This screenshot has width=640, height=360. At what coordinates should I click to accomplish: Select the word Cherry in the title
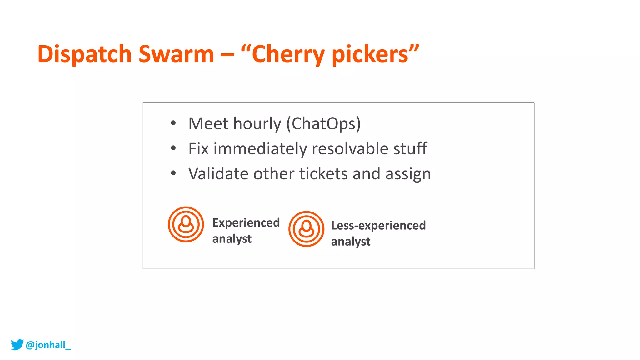tap(288, 54)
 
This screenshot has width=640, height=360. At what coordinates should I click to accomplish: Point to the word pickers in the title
tap(370, 54)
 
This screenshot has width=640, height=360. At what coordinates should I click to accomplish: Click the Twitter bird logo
tap(17, 344)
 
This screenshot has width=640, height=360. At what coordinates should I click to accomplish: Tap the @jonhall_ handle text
tap(48, 345)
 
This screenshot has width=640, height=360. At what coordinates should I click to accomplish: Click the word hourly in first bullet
tap(257, 123)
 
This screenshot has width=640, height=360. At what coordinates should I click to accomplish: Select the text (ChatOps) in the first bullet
tap(324, 123)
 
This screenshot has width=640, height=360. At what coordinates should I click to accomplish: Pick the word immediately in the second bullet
tap(260, 149)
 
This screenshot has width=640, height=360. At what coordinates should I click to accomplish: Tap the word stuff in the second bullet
tap(410, 148)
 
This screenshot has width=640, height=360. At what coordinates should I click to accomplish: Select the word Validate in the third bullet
tap(218, 173)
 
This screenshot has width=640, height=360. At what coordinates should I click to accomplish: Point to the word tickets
tap(323, 173)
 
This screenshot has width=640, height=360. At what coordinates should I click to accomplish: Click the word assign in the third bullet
tap(408, 174)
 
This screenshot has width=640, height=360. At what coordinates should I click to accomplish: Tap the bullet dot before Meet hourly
tap(173, 123)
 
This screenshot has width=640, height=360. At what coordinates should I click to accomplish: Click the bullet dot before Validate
tap(173, 173)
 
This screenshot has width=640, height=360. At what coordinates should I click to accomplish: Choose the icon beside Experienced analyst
tap(186, 224)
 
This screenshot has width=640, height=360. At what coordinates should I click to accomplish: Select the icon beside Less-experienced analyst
tap(306, 229)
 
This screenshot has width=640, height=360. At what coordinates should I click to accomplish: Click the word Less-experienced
tap(378, 225)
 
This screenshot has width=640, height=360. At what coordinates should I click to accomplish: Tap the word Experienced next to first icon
tap(246, 223)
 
